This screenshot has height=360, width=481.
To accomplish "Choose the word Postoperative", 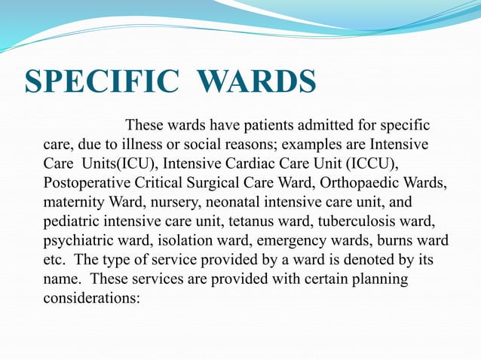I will coord(85,183).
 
